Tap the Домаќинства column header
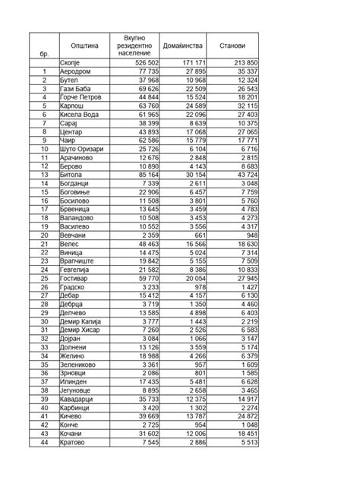185,46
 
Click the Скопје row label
71,62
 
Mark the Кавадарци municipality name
79,399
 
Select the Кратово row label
74,442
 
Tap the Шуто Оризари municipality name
84,149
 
